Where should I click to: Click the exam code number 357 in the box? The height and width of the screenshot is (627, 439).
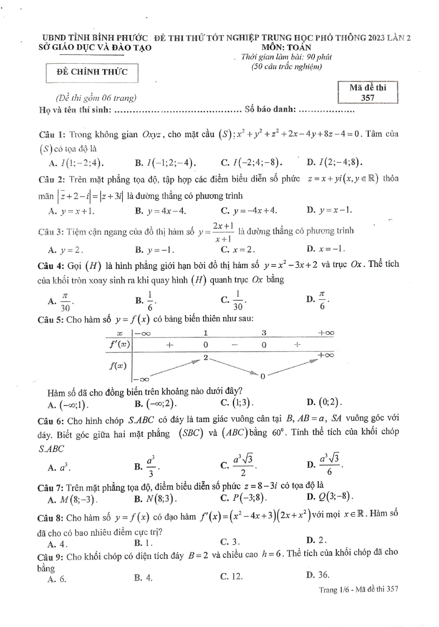[367, 98]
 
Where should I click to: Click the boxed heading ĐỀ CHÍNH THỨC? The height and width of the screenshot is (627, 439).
[92, 72]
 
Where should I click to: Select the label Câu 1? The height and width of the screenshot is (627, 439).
[52, 135]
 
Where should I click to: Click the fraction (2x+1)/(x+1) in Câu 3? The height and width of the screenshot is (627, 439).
[223, 232]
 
